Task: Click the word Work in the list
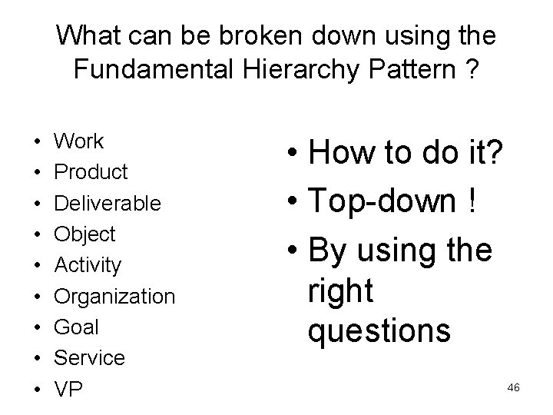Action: pyautogui.click(x=78, y=141)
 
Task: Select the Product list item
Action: pyautogui.click(x=91, y=172)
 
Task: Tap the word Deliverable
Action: pyautogui.click(x=107, y=203)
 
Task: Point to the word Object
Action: pyautogui.click(x=84, y=234)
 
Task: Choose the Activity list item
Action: pyautogui.click(x=88, y=265)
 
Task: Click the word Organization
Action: pyautogui.click(x=114, y=296)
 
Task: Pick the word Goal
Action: pyautogui.click(x=76, y=327)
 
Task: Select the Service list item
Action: pyautogui.click(x=89, y=357)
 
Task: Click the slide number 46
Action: pyautogui.click(x=514, y=388)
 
